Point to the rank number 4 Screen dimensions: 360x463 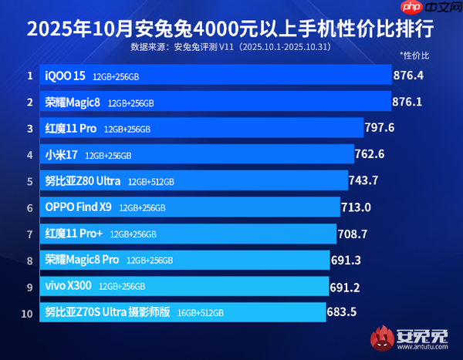[x=29, y=155]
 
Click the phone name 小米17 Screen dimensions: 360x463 [x=62, y=155]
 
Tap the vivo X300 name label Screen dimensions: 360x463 [x=69, y=286]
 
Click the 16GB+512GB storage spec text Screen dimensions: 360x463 [x=200, y=313]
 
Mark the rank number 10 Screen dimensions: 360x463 [x=29, y=312]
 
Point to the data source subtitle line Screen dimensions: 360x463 [x=229, y=47]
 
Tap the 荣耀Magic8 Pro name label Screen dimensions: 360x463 [x=82, y=260]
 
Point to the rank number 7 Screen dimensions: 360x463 [x=29, y=234]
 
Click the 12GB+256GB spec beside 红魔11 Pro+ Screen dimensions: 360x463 [x=133, y=234]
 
